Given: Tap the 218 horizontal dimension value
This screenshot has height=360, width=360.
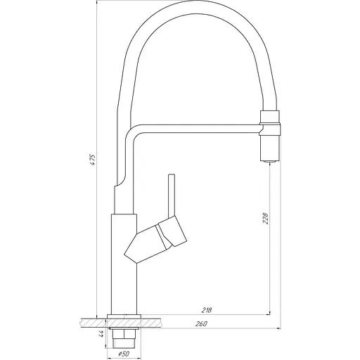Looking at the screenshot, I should point(207,308).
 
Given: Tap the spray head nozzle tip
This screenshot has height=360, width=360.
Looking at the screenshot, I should point(270,160).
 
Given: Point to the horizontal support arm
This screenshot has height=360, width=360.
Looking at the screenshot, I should point(197,128).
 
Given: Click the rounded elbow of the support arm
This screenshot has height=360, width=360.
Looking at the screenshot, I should point(131,134).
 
